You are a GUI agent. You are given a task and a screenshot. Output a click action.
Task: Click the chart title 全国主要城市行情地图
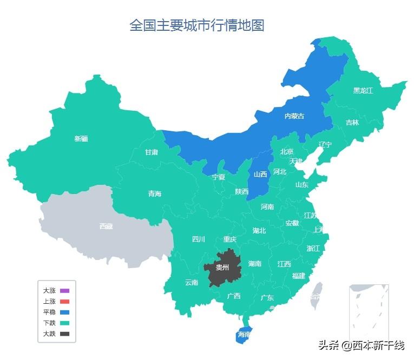tap(196, 25)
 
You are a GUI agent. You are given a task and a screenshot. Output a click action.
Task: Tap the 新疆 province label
tap(81, 139)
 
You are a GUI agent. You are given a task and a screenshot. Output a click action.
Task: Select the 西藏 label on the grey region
tap(106, 226)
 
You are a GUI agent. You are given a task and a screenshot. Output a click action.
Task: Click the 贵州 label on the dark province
tap(222, 267)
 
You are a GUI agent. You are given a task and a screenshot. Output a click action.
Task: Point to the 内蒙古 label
tap(294, 116)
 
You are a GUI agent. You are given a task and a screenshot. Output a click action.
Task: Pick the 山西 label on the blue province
tap(260, 174)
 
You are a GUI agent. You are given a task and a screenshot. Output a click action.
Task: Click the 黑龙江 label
tap(363, 90)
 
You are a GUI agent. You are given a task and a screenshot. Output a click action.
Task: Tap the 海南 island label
tap(244, 335)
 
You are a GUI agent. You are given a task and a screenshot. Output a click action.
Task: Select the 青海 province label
tap(155, 194)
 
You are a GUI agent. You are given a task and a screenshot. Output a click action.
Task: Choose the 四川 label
tap(199, 239)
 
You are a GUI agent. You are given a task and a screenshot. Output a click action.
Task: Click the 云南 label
tap(192, 282)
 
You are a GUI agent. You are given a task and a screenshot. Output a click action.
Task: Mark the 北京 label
tap(287, 152)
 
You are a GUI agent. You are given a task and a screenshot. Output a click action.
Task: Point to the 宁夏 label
tap(218, 177)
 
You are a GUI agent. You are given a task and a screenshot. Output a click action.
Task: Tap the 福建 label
tap(298, 276)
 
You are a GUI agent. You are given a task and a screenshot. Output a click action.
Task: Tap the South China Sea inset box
tap(369, 311)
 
